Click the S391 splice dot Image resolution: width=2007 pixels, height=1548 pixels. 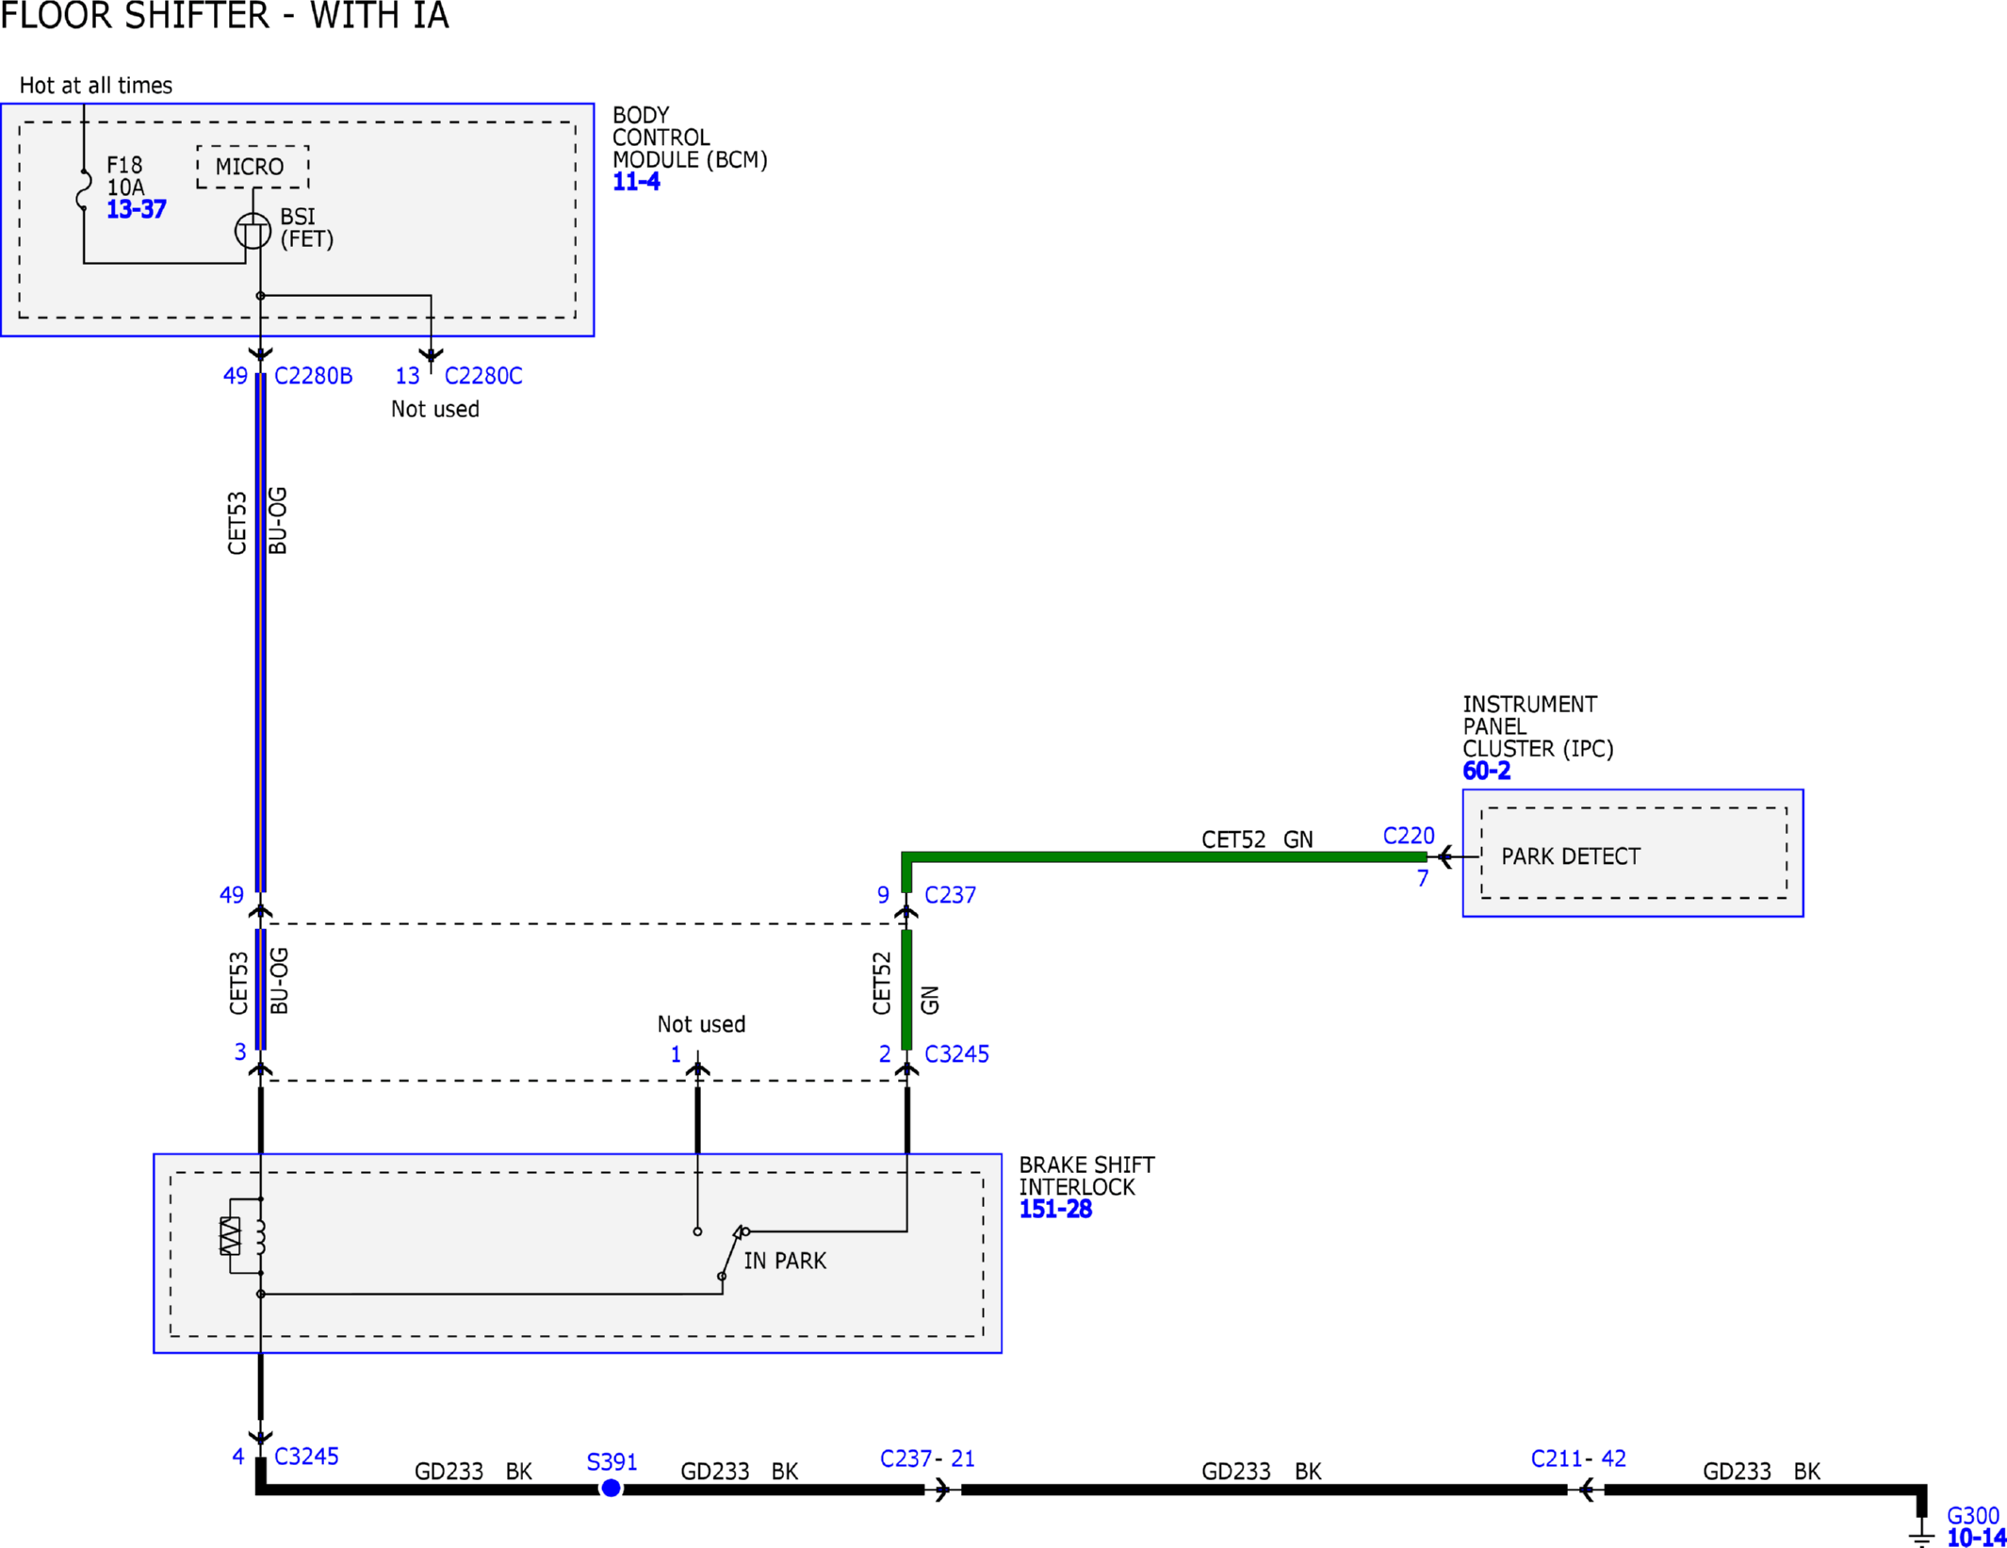(x=611, y=1488)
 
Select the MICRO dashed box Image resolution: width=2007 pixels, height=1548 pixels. (x=253, y=167)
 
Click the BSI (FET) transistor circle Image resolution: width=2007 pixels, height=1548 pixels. (x=253, y=231)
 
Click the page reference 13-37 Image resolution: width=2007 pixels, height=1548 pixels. (x=136, y=209)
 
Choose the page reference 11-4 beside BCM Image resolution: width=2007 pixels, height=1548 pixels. (x=636, y=182)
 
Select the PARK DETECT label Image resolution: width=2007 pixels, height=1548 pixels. (x=1570, y=856)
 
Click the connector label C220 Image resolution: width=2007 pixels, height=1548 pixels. (x=1408, y=836)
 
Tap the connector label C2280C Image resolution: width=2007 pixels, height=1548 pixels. (x=482, y=376)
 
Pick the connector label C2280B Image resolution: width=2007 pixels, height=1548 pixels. (x=313, y=376)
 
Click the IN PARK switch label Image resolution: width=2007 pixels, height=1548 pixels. (x=784, y=1261)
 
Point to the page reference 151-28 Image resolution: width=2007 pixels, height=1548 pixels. (x=1054, y=1209)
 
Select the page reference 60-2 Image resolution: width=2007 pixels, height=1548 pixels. (x=1486, y=771)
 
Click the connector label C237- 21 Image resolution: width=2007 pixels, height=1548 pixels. (x=926, y=1458)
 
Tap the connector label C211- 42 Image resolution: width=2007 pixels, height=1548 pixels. (x=1577, y=1458)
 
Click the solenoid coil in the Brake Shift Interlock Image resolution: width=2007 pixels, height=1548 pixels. (x=260, y=1236)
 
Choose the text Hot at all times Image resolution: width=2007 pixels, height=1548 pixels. (x=95, y=86)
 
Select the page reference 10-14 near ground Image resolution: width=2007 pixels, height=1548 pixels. (x=1976, y=1538)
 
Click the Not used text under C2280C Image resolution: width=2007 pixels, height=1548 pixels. (x=434, y=409)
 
